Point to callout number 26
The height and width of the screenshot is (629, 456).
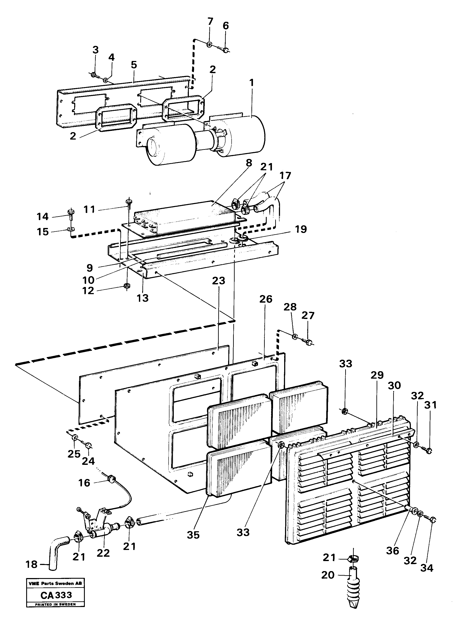tap(266, 299)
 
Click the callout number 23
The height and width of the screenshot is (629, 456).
tap(218, 280)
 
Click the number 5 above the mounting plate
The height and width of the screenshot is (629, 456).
tap(134, 65)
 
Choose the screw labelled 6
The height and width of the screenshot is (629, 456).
tap(226, 50)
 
